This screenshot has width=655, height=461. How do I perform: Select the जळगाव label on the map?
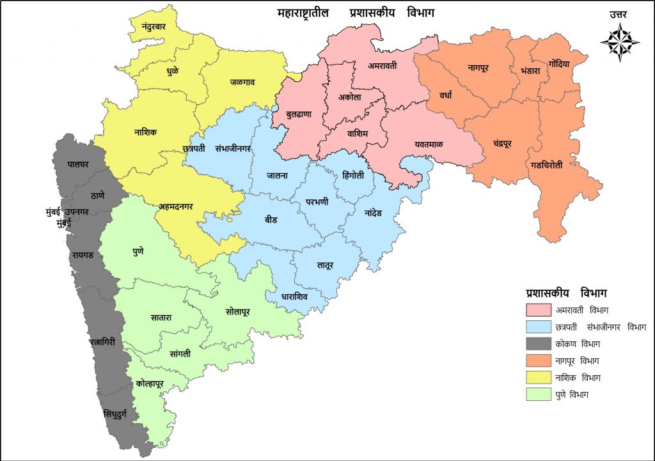tap(242, 82)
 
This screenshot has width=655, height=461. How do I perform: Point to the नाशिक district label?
tap(145, 132)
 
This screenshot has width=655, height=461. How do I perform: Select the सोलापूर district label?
tap(238, 311)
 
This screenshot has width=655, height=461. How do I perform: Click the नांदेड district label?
tap(372, 212)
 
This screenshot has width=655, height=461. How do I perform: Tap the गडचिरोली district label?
tap(547, 164)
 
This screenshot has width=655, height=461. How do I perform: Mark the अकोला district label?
tap(350, 97)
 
